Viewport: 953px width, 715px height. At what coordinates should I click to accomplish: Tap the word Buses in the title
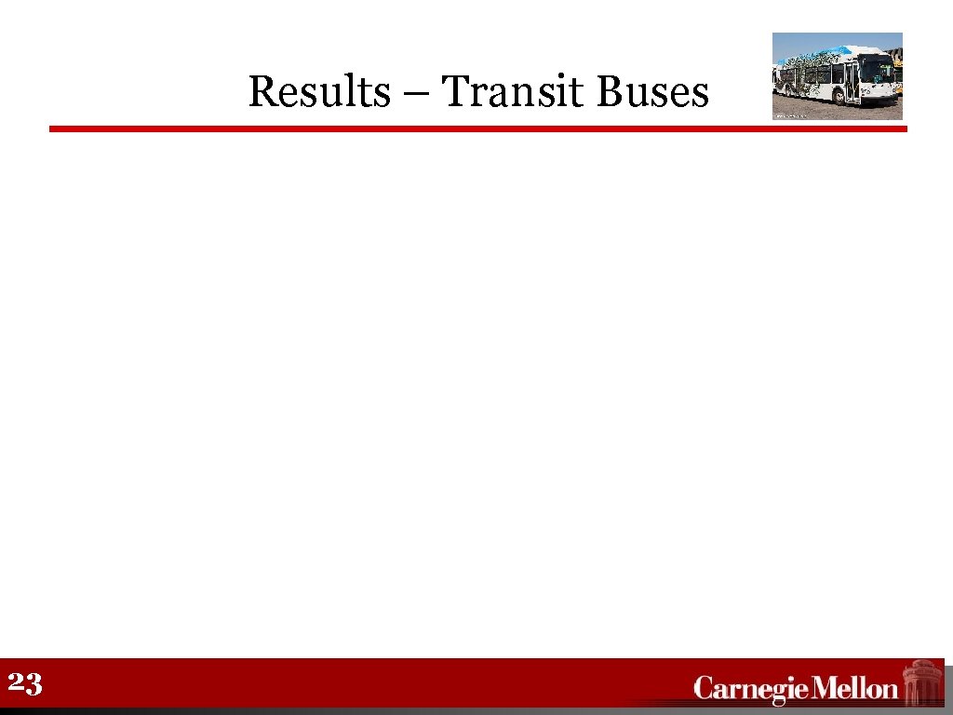(651, 92)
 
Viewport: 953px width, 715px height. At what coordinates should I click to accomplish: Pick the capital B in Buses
(610, 92)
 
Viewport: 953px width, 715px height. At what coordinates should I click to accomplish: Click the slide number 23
(25, 685)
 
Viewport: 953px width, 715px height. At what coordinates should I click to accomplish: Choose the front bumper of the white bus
(879, 98)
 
